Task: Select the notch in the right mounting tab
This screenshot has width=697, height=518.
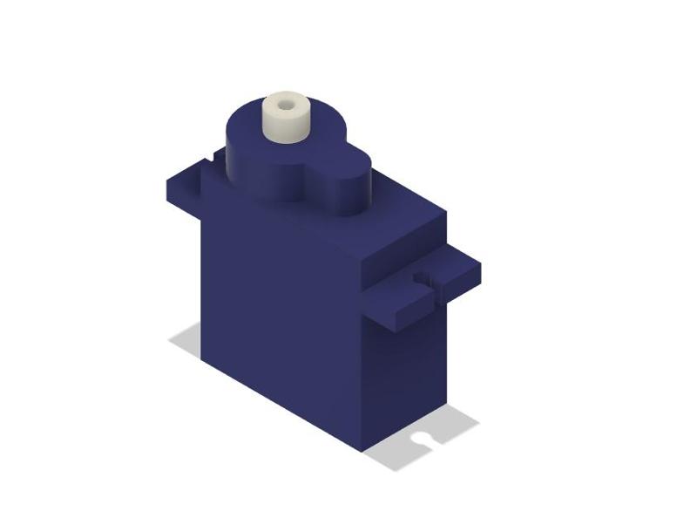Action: (x=424, y=279)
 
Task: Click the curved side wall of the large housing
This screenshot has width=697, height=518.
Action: (x=253, y=170)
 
